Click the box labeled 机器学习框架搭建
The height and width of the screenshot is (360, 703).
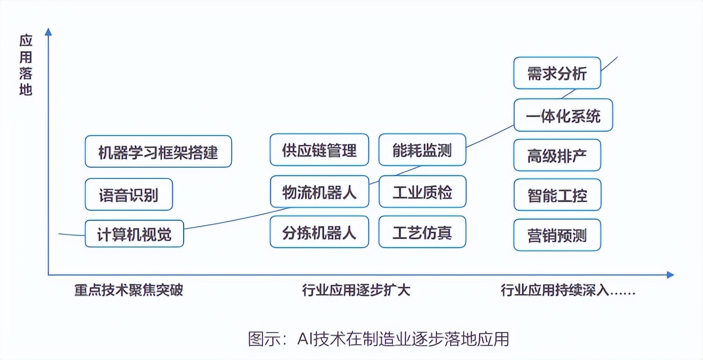tap(158, 151)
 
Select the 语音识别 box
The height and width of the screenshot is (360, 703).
tap(128, 194)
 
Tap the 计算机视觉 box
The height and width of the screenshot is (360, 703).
tap(134, 234)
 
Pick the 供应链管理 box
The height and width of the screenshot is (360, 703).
tap(319, 150)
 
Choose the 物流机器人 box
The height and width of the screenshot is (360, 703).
tap(319, 192)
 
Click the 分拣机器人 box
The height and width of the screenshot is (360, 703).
tap(319, 233)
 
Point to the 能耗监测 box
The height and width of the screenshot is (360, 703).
tap(422, 150)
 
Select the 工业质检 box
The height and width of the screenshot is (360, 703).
tap(422, 192)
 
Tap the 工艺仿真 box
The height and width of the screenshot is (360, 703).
tap(422, 233)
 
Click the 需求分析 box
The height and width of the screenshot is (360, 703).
tap(557, 73)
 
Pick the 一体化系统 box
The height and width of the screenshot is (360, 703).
tap(563, 116)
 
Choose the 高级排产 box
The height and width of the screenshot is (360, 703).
tap(557, 155)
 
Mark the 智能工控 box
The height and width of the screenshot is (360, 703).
tap(557, 195)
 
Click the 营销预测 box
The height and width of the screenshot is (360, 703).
tap(557, 235)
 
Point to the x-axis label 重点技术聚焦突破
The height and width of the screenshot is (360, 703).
tap(128, 290)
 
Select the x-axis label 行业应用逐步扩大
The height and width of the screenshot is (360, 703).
tap(356, 290)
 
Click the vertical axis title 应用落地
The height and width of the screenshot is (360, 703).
tap(26, 65)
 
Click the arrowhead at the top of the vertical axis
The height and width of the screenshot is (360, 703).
tap(49, 32)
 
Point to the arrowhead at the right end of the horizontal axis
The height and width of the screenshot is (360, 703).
tap(670, 275)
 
